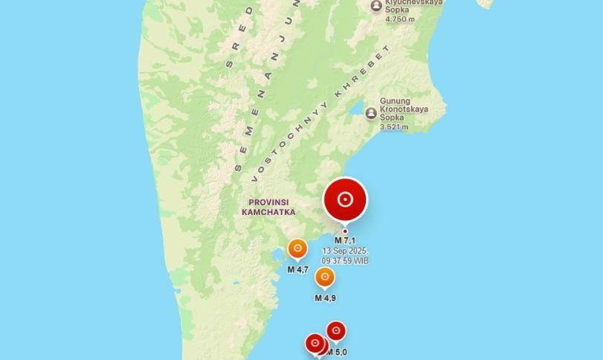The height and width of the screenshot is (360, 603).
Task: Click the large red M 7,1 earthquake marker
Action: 345,199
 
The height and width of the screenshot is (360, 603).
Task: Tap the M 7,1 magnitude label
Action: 345,241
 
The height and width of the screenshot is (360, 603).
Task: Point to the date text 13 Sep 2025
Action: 346,251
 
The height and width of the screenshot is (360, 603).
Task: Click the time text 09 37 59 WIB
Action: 346,261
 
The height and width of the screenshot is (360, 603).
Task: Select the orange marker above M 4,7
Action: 297,248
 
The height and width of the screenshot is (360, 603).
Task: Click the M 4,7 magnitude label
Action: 297,269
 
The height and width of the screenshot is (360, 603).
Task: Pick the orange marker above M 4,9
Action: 324,277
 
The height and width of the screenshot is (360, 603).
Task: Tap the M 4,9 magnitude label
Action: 325,298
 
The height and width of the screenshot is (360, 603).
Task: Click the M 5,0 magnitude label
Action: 338,352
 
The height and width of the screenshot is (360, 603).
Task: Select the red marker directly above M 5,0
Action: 336,330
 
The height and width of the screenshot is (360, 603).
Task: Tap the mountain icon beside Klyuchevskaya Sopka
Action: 376,6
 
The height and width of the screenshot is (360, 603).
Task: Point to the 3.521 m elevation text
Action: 394,127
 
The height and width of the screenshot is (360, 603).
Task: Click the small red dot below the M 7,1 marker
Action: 345,231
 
